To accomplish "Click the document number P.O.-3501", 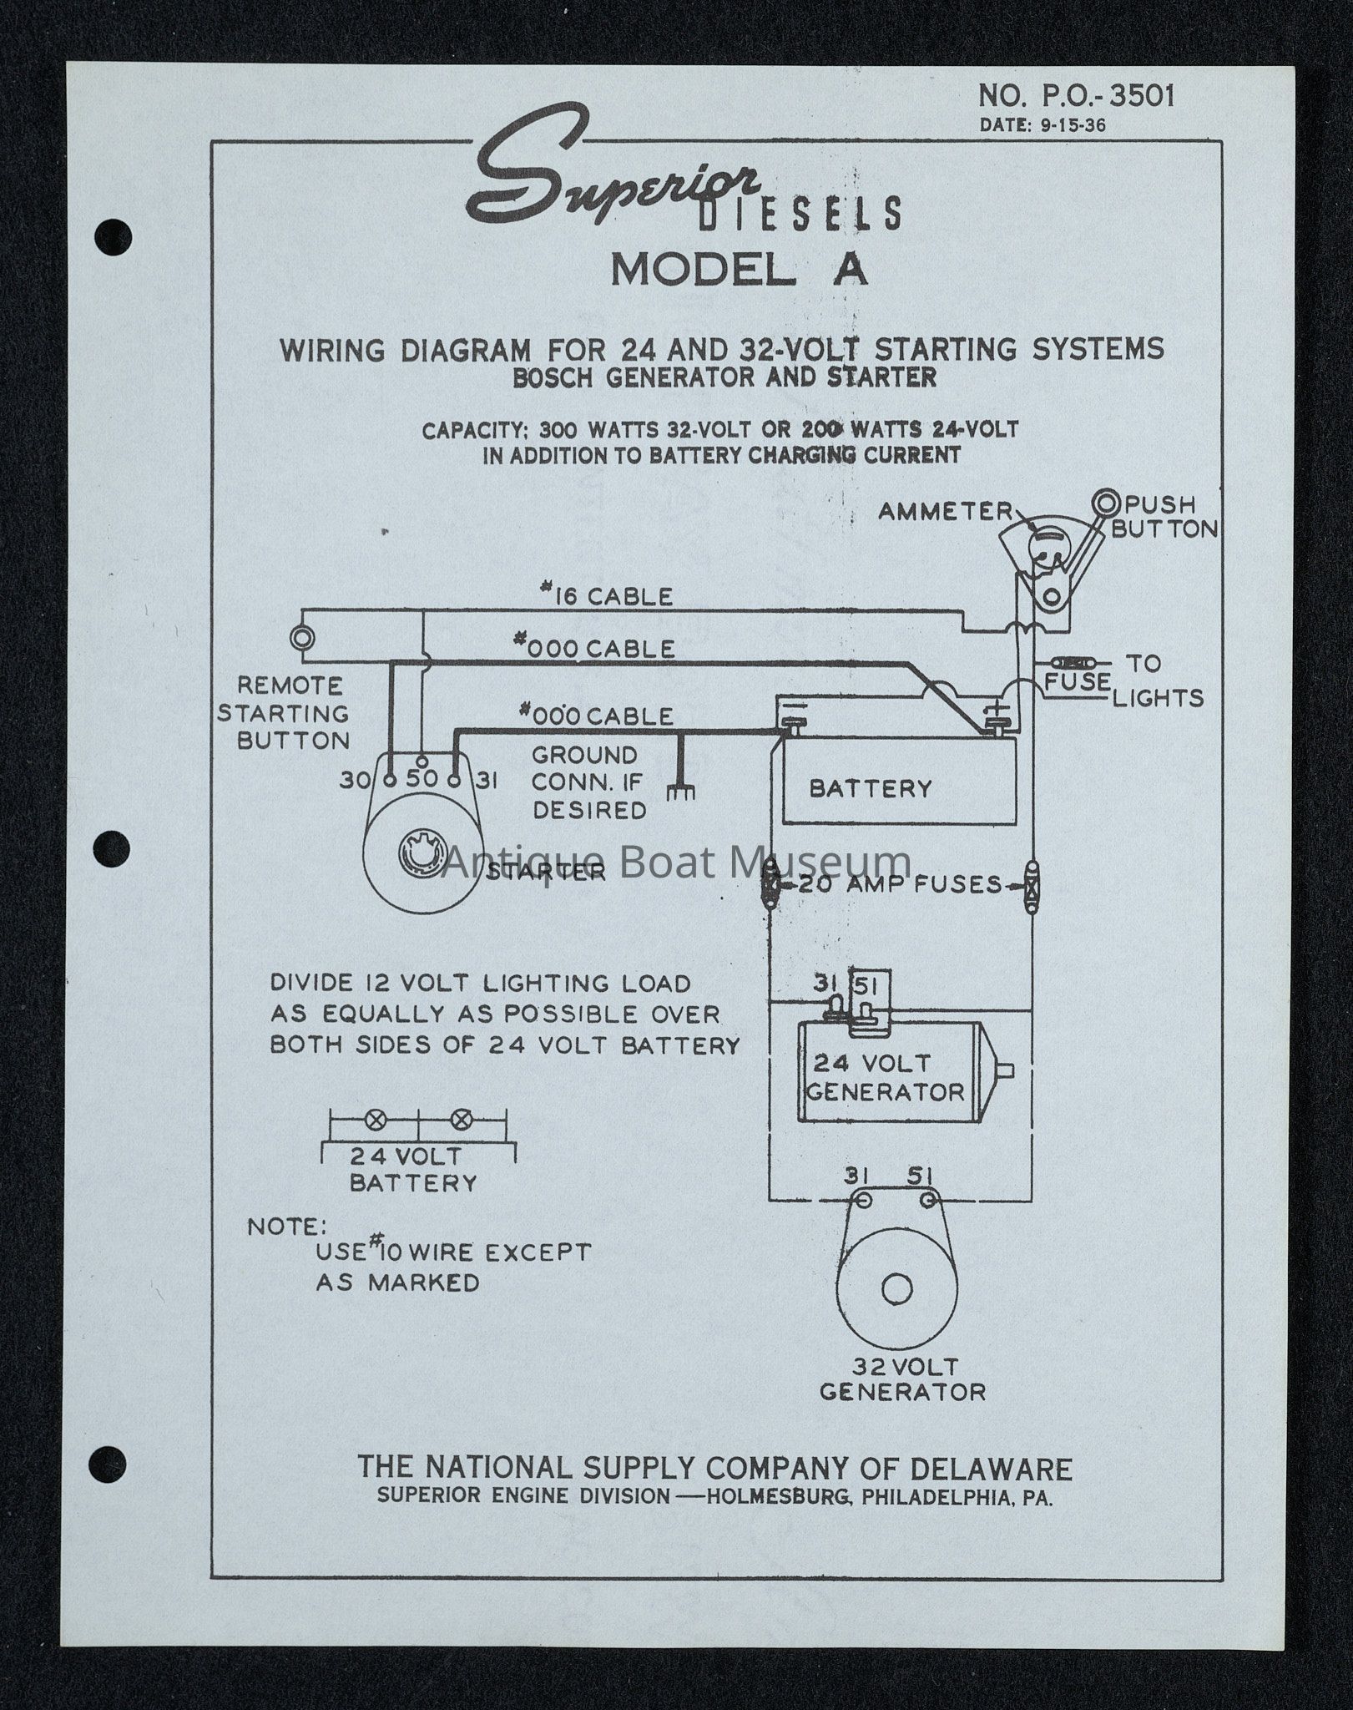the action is (1077, 96).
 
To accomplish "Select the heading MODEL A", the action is (740, 270).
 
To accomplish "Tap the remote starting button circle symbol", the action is (301, 638).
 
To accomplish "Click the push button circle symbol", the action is (1108, 503).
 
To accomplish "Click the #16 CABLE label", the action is (606, 596).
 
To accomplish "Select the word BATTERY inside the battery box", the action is (871, 788).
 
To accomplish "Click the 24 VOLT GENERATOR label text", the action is (885, 1077).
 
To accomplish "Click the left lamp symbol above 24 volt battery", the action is (377, 1120).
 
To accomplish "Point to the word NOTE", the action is (287, 1227).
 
